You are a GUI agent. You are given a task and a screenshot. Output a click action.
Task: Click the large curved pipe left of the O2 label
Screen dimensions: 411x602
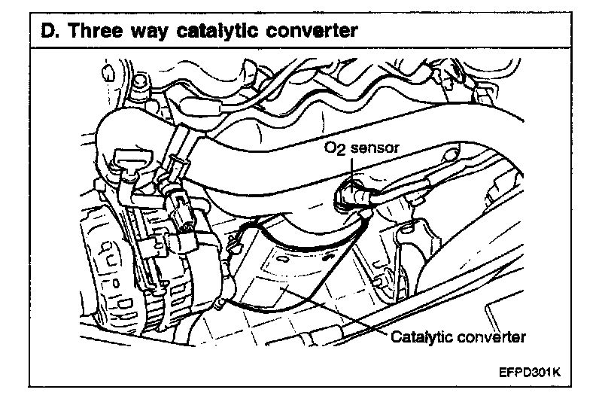pyautogui.click(x=248, y=173)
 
